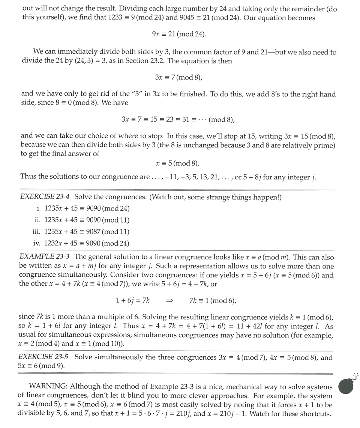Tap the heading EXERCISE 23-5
pos(45,357)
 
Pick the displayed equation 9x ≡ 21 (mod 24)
pos(179,34)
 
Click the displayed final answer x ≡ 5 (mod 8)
pos(177,163)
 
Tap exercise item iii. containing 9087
pos(81,232)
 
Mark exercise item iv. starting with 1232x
pos(81,243)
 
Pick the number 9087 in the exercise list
pos(93,232)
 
